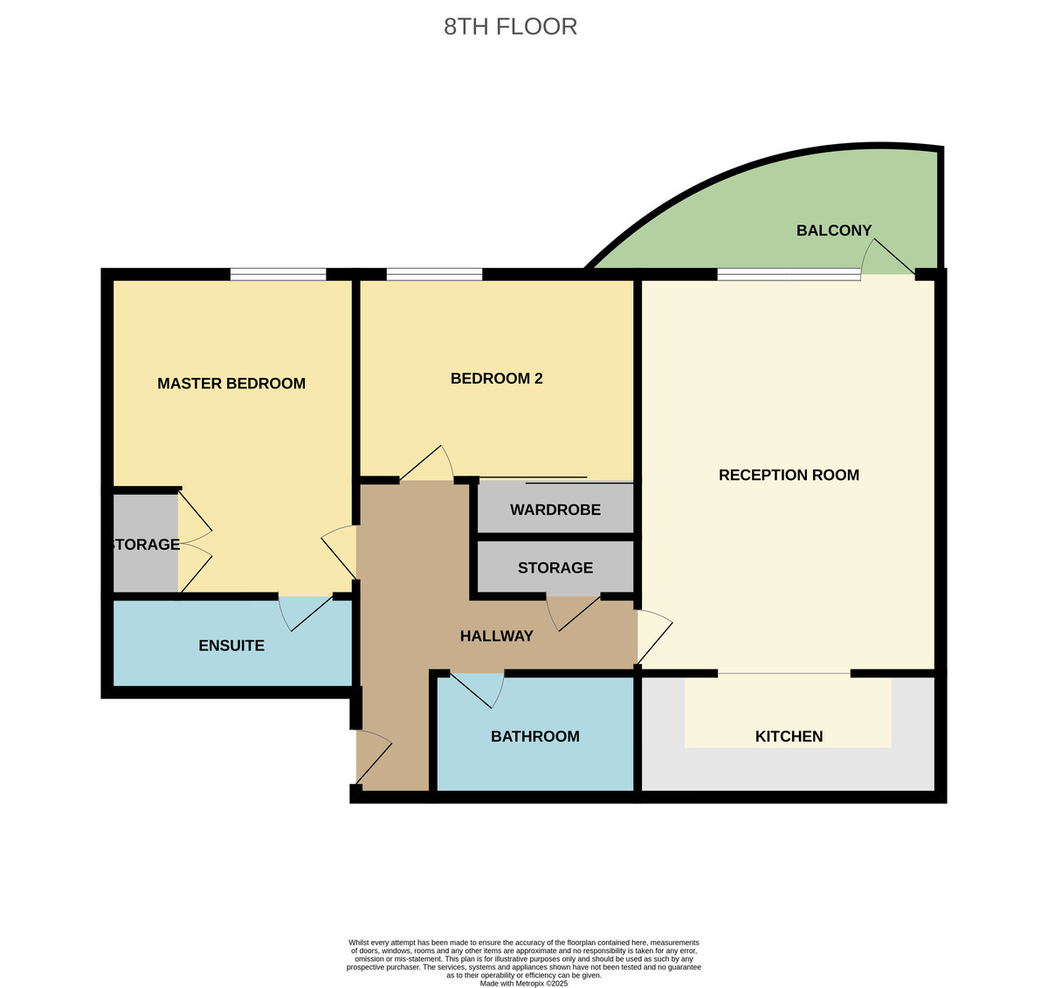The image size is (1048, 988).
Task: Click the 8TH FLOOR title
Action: pyautogui.click(x=510, y=26)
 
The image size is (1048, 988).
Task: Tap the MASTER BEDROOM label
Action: pyautogui.click(x=231, y=383)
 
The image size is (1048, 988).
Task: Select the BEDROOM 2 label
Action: pyautogui.click(x=496, y=378)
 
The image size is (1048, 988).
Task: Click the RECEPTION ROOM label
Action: pyautogui.click(x=789, y=475)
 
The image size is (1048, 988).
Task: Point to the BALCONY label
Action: pyautogui.click(x=834, y=230)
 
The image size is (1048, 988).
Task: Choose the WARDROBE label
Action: pyautogui.click(x=555, y=510)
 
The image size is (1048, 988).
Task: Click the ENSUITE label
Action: pyautogui.click(x=231, y=646)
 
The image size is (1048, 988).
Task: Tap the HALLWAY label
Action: pyautogui.click(x=496, y=636)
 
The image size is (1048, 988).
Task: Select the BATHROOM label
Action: pyautogui.click(x=534, y=737)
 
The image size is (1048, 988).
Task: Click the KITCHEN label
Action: pyautogui.click(x=789, y=737)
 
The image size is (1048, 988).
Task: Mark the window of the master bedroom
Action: pyautogui.click(x=278, y=274)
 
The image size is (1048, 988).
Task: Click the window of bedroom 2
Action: pyautogui.click(x=434, y=274)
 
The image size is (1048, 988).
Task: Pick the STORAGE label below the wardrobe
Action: pyautogui.click(x=555, y=567)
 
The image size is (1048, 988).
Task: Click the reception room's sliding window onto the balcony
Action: pyautogui.click(x=789, y=274)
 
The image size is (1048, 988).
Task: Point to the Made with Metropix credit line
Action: pyautogui.click(x=524, y=983)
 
